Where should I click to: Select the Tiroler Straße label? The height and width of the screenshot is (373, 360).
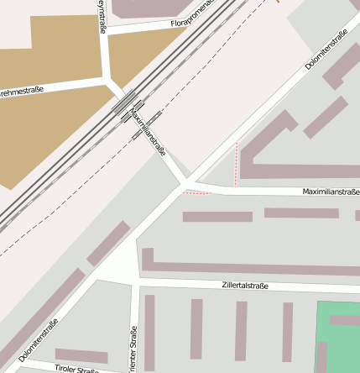pyautogui.click(x=76, y=368)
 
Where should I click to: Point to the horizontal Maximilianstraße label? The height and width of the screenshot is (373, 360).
pyautogui.click(x=331, y=192)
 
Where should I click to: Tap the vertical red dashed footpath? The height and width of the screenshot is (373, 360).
pyautogui.click(x=237, y=164)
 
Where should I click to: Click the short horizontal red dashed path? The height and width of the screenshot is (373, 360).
pyautogui.click(x=196, y=193)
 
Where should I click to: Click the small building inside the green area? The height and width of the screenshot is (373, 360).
pyautogui.click(x=344, y=320)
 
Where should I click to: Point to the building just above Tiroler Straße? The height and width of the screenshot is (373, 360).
pyautogui.click(x=81, y=355)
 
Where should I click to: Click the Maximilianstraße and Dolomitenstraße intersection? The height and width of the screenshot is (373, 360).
pyautogui.click(x=188, y=181)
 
